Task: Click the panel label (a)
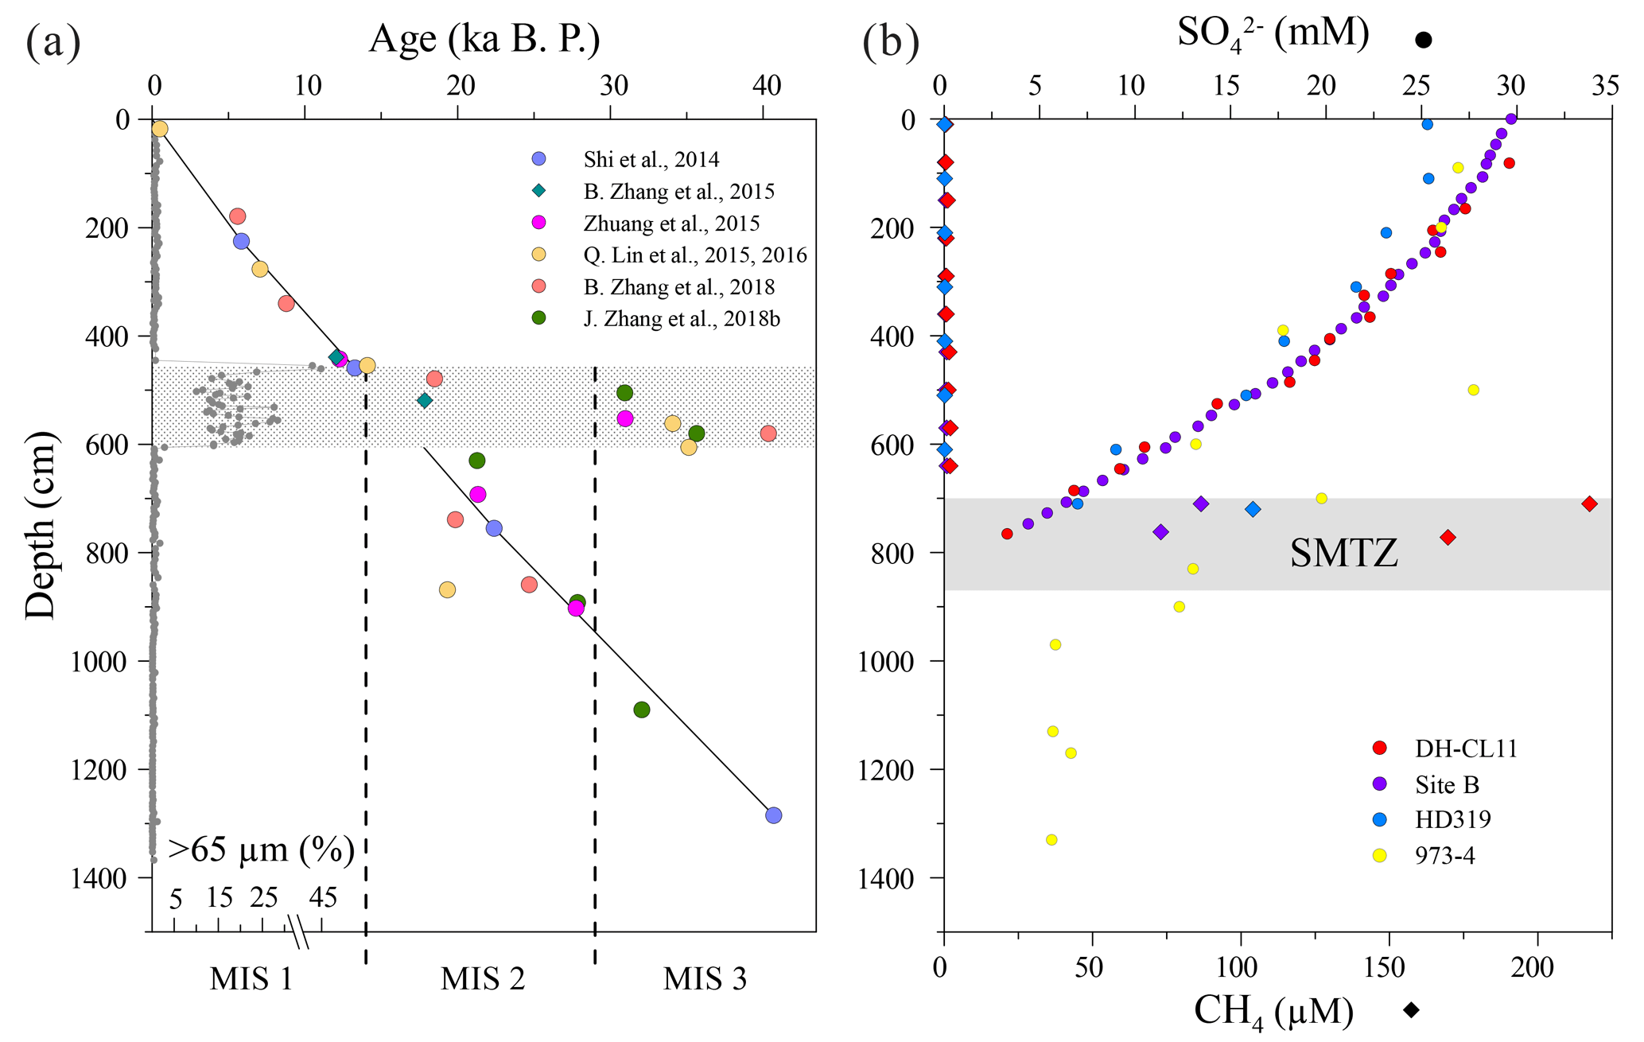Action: pos(52,41)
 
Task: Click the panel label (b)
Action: pos(891,41)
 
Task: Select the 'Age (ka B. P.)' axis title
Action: pos(484,38)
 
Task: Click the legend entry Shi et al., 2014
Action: pos(651,159)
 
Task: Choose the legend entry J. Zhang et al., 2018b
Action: pos(681,319)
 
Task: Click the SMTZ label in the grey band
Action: pos(1343,552)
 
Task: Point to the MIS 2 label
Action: pos(483,978)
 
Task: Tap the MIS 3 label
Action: pos(705,978)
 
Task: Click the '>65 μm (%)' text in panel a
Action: pos(261,850)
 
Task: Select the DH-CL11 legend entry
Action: pos(1465,748)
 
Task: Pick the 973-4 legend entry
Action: pos(1444,856)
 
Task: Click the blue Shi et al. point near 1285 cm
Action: pos(773,815)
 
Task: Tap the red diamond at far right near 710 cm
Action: pos(1589,504)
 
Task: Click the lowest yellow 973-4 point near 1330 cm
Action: pos(1051,839)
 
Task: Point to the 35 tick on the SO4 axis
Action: pos(1607,85)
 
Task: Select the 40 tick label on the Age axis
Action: pos(766,85)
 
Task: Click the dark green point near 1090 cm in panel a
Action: pos(642,710)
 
